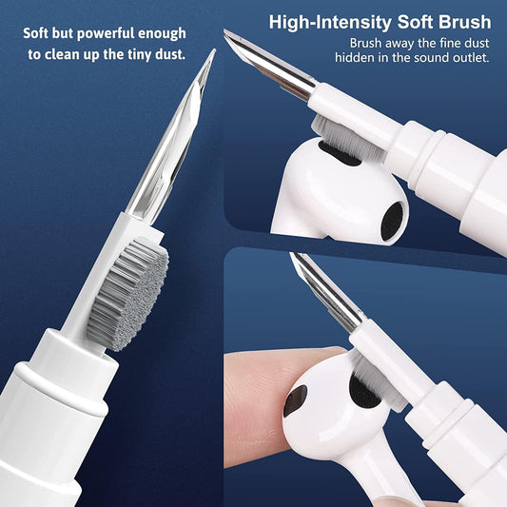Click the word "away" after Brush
tap(400, 44)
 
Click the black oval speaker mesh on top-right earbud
tap(391, 221)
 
